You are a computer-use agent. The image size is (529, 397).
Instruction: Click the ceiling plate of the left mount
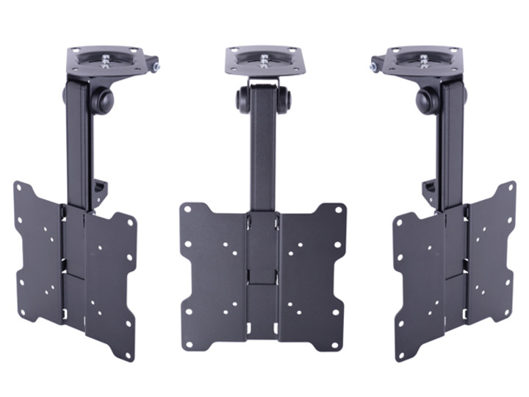coord(110,62)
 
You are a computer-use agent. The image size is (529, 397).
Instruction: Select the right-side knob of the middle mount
coord(285,100)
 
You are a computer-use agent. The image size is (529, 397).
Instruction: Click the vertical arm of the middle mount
coord(263,154)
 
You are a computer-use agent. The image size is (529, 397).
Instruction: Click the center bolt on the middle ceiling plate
coord(264,58)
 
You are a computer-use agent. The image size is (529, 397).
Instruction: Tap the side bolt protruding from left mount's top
coord(156,67)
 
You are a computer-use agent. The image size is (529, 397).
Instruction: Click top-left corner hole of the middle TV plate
coord(188,209)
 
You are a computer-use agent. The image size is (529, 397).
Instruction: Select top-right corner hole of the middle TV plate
coord(339,209)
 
